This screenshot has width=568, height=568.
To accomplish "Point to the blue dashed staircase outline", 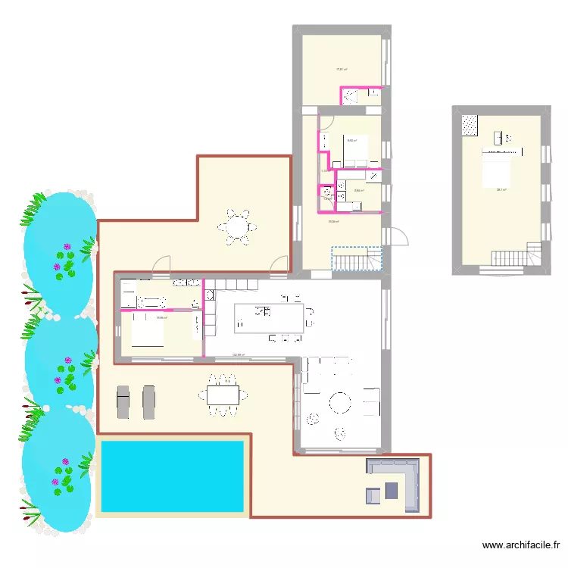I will coord(357,259).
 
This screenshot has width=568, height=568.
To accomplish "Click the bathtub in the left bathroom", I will coord(151,302).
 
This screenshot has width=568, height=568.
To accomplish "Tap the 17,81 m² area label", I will coord(342,70).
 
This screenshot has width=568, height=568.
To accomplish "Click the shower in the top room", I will coord(351,95).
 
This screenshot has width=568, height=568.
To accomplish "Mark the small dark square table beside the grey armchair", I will coord(391,491).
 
